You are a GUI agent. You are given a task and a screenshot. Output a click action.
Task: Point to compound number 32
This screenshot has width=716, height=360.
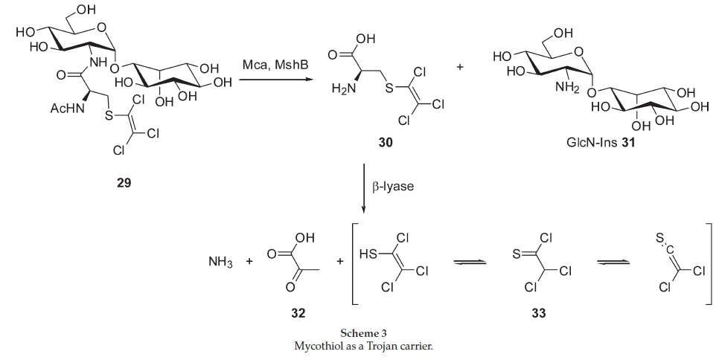tap(298, 313)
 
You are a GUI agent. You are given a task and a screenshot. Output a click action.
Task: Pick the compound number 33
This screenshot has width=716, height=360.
tap(537, 313)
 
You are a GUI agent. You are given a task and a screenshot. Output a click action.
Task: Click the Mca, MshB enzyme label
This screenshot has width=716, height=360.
tap(277, 67)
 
